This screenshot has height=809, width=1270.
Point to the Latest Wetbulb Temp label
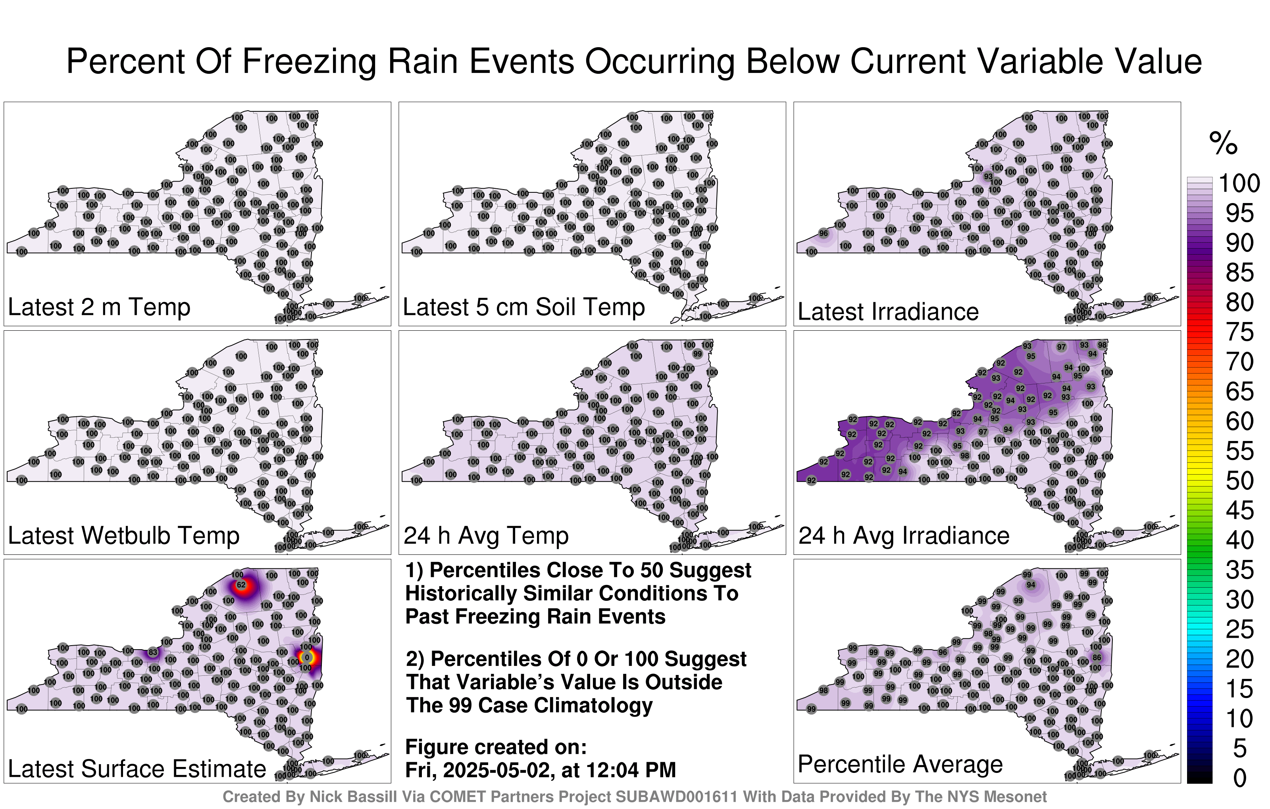(x=123, y=535)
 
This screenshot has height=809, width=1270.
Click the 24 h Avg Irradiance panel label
(x=904, y=535)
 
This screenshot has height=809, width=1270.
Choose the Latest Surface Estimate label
(x=137, y=769)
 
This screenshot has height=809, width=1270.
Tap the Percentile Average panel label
(x=900, y=764)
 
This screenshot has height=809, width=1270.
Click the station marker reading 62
(x=241, y=585)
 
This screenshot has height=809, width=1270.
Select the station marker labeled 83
(x=152, y=652)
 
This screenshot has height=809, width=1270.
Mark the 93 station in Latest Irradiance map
(x=988, y=176)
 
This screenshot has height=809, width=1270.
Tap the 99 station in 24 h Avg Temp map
(x=697, y=354)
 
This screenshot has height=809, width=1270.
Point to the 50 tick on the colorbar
(x=1239, y=481)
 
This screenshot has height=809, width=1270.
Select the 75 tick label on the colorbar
(x=1239, y=332)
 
